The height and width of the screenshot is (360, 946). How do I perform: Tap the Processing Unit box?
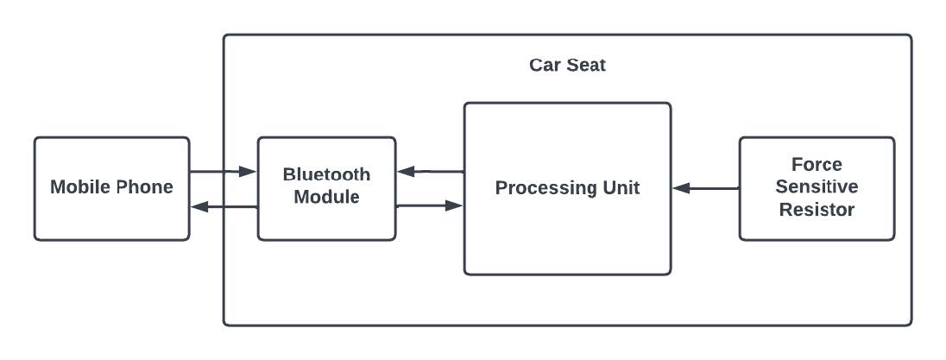coord(567,233)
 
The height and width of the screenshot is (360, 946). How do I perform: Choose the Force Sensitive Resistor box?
coord(817,224)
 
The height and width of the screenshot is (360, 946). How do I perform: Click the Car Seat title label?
coord(567,66)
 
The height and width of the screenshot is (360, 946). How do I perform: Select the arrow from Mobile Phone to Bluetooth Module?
coord(223,172)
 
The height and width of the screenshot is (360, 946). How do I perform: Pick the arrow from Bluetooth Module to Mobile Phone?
coord(223,206)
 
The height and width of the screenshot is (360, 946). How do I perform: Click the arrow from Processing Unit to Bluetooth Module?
coord(430,172)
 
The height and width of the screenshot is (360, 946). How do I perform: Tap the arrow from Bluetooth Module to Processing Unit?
coord(430,206)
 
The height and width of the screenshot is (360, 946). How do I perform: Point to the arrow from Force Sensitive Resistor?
coord(705,187)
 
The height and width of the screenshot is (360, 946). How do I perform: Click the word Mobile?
coord(79,187)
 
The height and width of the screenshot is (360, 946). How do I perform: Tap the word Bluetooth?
coord(326,174)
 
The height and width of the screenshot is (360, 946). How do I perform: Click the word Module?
coord(326,197)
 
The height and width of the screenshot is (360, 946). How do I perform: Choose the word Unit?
coord(620,188)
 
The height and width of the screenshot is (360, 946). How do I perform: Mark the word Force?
coord(817,164)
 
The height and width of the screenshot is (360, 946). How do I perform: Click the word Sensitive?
coord(817,186)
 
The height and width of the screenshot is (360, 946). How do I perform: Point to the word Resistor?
coord(817,209)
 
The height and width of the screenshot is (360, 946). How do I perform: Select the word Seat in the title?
coord(586,66)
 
